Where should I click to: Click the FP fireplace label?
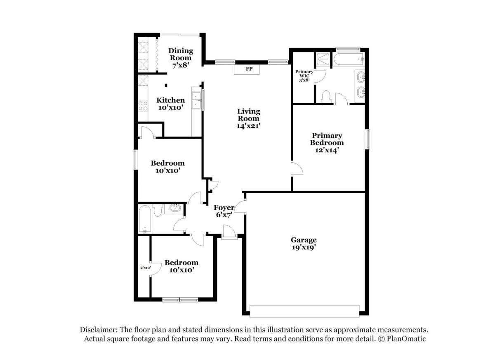point(249,69)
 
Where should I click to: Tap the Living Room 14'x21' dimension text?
point(249,126)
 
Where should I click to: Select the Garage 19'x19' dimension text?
point(304,247)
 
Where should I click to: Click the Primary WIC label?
point(304,73)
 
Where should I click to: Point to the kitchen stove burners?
point(143,106)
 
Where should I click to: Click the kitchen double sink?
point(196,100)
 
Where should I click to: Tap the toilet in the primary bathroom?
point(326,97)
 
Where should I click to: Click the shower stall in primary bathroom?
point(323,59)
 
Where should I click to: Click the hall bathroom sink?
point(175,208)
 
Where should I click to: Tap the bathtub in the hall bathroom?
point(145,218)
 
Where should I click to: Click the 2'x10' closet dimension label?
point(146,268)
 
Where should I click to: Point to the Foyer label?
point(224,207)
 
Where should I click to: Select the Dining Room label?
point(181,54)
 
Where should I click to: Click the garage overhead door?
point(304,311)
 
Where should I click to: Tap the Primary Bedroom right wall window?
point(367,139)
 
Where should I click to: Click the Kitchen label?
point(171,100)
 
